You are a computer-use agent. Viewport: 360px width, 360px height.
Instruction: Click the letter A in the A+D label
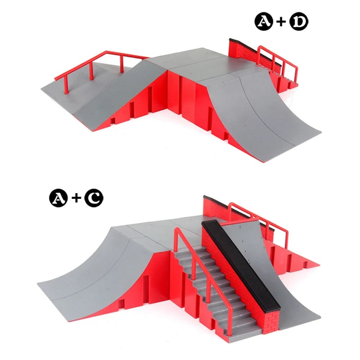[x=264, y=21]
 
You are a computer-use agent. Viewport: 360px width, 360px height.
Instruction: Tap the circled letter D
[x=299, y=21]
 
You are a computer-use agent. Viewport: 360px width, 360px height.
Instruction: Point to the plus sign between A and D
[x=281, y=22]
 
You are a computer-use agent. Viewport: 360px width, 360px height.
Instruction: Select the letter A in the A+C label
[x=58, y=198]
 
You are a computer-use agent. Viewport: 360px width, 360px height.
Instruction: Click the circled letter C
[x=94, y=198]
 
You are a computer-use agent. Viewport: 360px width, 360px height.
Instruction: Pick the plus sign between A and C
[x=76, y=198]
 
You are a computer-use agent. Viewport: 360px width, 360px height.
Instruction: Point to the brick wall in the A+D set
[x=252, y=55]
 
